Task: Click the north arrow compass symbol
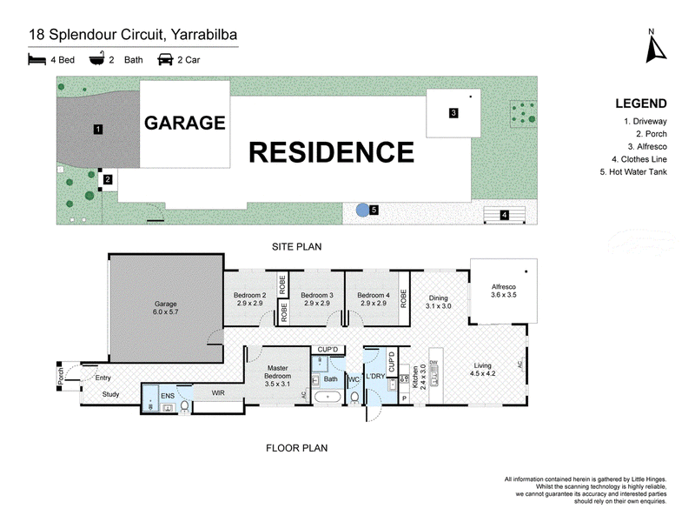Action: click(x=655, y=49)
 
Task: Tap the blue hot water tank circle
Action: click(x=362, y=210)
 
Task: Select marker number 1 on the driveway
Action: click(x=98, y=129)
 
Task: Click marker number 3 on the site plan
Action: click(x=453, y=113)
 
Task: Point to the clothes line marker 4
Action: click(x=505, y=215)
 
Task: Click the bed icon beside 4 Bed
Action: click(x=36, y=59)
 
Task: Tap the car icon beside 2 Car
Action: click(x=165, y=59)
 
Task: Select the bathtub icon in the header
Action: click(x=97, y=58)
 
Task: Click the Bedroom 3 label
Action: click(x=317, y=299)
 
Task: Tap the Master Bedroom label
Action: click(x=277, y=376)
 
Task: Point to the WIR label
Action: click(x=218, y=393)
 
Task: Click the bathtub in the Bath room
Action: click(x=327, y=397)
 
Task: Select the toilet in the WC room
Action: click(x=354, y=398)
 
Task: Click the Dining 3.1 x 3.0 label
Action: click(x=439, y=302)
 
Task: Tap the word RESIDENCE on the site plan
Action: click(x=332, y=152)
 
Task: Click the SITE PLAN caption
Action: click(x=296, y=247)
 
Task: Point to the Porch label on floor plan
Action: click(x=61, y=377)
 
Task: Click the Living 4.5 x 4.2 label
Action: click(x=483, y=369)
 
